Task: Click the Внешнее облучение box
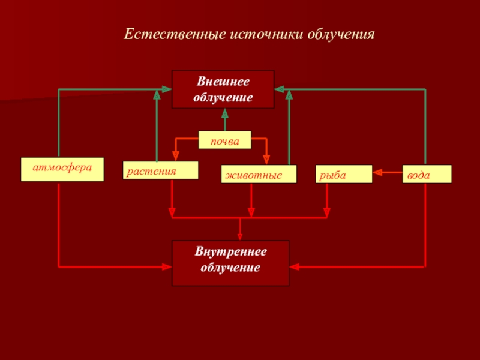pyautogui.click(x=223, y=89)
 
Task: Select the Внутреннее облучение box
pyautogui.click(x=230, y=263)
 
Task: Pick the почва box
pyautogui.click(x=225, y=140)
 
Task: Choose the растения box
pyautogui.click(x=160, y=170)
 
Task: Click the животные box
pyautogui.click(x=259, y=174)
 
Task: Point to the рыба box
pyautogui.click(x=344, y=174)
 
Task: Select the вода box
pyautogui.click(x=427, y=174)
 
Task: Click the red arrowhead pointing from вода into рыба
pyautogui.click(x=377, y=174)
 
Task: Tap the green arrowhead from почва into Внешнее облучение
pyautogui.click(x=225, y=113)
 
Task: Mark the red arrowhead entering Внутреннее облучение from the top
pyautogui.click(x=240, y=236)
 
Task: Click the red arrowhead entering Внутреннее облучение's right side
pyautogui.click(x=295, y=265)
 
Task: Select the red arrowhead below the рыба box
pyautogui.click(x=327, y=212)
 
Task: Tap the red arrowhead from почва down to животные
pyautogui.click(x=267, y=159)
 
